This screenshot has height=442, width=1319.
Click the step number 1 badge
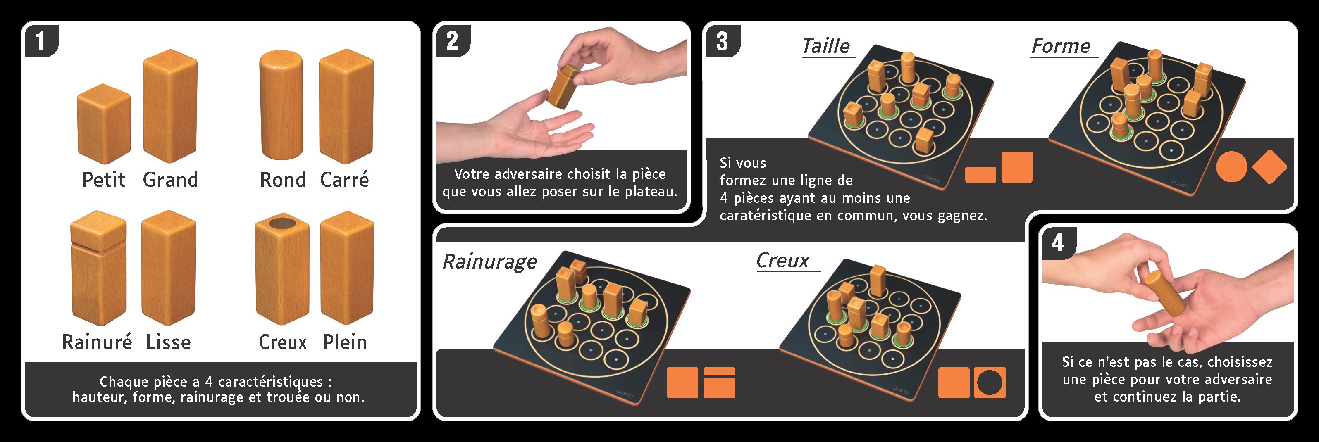tap(41, 41)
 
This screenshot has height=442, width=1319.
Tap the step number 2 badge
tap(452, 41)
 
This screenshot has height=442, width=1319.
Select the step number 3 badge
tap(722, 41)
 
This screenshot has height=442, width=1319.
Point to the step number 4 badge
tap(1058, 242)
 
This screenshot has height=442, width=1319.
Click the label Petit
tap(104, 180)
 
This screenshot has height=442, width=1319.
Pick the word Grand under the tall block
tap(170, 180)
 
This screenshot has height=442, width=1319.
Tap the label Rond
tap(283, 180)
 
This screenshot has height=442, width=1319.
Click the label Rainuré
tap(97, 342)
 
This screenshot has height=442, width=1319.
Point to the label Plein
tap(345, 342)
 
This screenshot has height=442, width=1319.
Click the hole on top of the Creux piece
tap(282, 223)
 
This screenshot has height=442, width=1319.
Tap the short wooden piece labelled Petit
tap(103, 124)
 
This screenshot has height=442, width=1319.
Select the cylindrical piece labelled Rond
tap(281, 105)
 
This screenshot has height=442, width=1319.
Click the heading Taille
tap(826, 46)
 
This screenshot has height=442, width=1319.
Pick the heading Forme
tap(1061, 46)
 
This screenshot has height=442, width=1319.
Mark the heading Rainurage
tap(489, 261)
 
